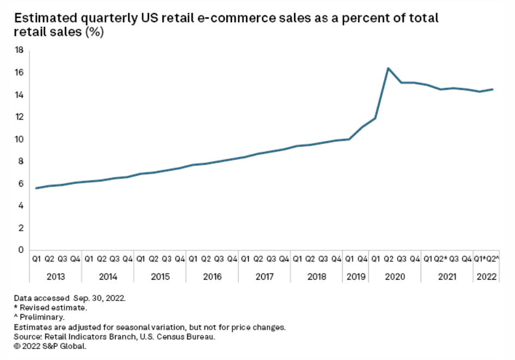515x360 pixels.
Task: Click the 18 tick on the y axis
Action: coord(19,50)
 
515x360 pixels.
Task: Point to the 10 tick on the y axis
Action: coord(19,139)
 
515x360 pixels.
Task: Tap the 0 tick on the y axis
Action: coord(21,250)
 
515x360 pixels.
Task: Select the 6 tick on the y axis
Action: coord(21,184)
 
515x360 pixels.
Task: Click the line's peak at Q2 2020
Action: coord(388,68)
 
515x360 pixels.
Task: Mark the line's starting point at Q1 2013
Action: coord(36,188)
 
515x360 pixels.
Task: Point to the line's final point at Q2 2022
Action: coord(493,89)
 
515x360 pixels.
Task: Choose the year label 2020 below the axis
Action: coord(394,277)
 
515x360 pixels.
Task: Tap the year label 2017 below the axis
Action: coord(264,277)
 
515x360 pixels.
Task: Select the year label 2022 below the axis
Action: coord(486,277)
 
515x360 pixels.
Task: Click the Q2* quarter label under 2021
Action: coord(441,259)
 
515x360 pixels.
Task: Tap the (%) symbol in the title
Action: coord(93,32)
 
